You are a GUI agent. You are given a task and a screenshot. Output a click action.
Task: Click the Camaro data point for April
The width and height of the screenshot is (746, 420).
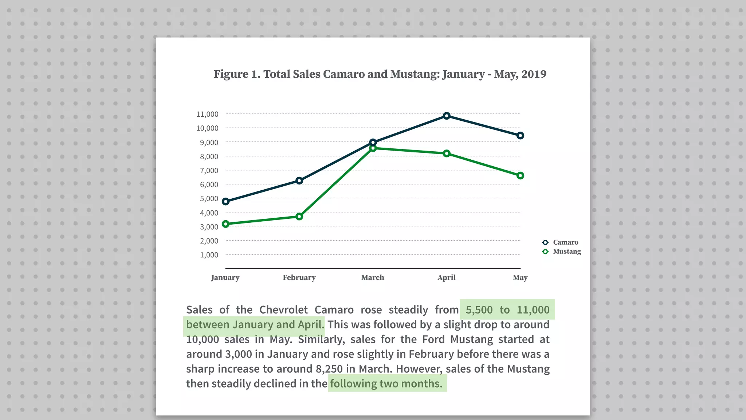(x=447, y=116)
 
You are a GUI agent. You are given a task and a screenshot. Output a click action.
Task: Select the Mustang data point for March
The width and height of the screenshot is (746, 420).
(x=373, y=148)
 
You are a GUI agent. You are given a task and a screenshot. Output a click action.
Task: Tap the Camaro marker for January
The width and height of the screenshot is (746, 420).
(x=225, y=202)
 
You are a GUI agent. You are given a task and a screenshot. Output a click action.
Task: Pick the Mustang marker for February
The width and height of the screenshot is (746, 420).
(x=299, y=217)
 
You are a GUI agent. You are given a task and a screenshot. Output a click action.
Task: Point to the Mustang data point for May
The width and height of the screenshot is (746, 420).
(x=520, y=176)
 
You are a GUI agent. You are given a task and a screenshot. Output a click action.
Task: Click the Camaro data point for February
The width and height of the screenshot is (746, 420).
(x=299, y=181)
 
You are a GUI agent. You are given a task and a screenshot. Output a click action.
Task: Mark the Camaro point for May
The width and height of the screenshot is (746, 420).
(x=520, y=136)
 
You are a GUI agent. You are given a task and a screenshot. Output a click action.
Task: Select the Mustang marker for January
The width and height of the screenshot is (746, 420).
(x=225, y=224)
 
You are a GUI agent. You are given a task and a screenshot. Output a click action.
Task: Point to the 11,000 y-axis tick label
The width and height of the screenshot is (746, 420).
(x=207, y=114)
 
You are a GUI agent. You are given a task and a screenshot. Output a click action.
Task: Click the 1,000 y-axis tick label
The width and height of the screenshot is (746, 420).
(x=209, y=255)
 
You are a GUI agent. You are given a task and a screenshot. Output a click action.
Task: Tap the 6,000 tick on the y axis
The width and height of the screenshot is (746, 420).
(x=209, y=184)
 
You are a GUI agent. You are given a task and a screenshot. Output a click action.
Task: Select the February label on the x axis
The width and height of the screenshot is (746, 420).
(x=299, y=277)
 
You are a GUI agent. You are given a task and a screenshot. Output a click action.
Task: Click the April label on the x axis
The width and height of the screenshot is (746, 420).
(x=447, y=277)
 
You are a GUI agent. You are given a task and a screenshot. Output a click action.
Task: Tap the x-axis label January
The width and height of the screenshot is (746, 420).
(x=225, y=277)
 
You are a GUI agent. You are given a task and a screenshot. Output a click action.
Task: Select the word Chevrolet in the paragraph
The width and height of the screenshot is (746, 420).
(x=283, y=310)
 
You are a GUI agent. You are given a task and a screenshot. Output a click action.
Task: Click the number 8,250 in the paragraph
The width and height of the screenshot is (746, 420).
(x=329, y=369)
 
